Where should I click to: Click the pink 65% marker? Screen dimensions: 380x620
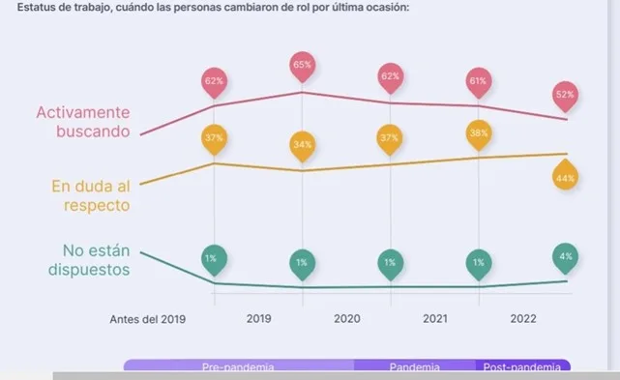click(303, 68)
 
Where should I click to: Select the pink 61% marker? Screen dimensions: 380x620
click(478, 80)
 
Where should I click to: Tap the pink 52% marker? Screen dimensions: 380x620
click(566, 94)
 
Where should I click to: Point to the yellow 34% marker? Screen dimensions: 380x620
click(303, 145)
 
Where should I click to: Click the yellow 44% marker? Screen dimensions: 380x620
click(566, 178)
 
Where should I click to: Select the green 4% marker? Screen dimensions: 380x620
click(566, 256)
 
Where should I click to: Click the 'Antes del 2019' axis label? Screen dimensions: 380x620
click(147, 318)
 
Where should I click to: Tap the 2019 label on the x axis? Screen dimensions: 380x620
click(258, 318)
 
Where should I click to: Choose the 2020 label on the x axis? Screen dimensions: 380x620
click(346, 318)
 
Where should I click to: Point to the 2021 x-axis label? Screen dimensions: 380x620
click(434, 318)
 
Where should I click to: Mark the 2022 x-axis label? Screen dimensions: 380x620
click(522, 318)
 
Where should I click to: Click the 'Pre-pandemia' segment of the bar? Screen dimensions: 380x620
click(238, 367)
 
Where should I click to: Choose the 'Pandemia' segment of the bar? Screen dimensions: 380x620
click(415, 367)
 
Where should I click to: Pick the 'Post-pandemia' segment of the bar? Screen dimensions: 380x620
click(522, 367)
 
